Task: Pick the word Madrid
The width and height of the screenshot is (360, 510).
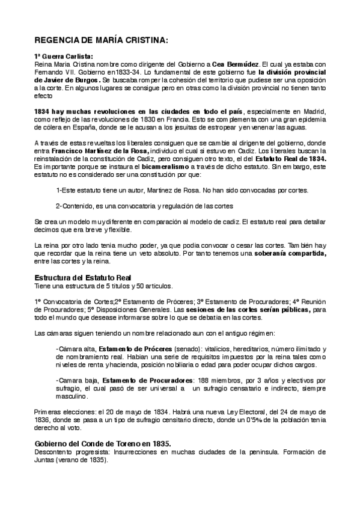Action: pyautogui.click(x=312, y=111)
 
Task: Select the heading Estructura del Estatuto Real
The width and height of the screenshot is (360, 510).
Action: pyautogui.click(x=83, y=277)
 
